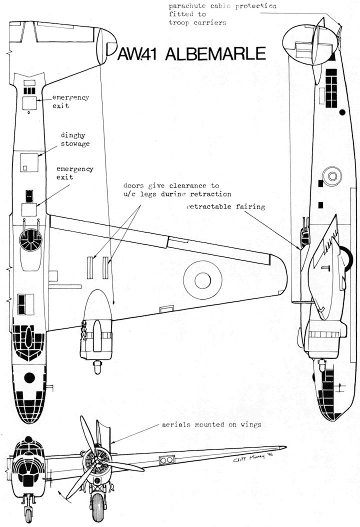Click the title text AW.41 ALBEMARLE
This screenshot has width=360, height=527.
[x=191, y=54]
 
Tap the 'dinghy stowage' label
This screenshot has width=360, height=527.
[x=75, y=139]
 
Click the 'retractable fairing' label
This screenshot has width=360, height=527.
[x=225, y=206]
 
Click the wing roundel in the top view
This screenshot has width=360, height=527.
[x=202, y=280]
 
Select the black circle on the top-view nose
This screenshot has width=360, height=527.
[x=29, y=378]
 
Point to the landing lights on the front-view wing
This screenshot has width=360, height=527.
[x=166, y=459]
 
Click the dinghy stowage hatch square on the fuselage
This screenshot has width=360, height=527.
[x=29, y=162]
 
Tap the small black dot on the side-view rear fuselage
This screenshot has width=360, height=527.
[x=342, y=112]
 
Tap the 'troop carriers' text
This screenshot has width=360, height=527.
[x=191, y=22]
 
